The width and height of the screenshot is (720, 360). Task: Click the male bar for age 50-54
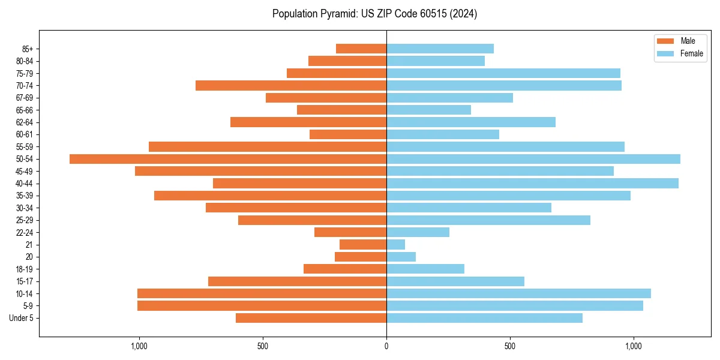point(228,159)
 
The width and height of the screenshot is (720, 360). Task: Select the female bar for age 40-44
point(532,184)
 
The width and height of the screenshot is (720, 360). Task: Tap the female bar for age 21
point(396,245)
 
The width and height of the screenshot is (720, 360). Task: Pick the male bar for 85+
point(361,49)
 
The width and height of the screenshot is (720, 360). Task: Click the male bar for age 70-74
point(291,86)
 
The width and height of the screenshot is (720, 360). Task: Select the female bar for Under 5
point(484,318)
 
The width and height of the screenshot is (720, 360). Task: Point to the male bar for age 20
point(361,257)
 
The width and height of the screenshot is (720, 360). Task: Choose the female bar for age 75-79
point(503,73)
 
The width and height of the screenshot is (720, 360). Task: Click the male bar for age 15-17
point(297,281)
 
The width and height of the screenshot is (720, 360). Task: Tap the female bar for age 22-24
point(418,232)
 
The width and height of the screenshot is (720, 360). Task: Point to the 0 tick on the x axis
point(386,346)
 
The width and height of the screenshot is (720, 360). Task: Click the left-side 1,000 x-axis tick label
point(139,346)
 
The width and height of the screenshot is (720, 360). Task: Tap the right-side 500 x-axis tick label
point(510,346)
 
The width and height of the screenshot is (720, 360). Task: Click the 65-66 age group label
point(25,110)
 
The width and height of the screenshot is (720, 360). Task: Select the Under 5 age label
point(21,318)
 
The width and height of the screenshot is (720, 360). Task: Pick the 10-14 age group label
point(25,294)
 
